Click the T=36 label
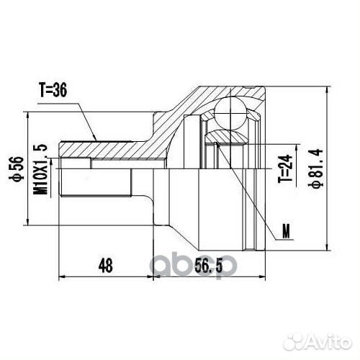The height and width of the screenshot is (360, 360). pyautogui.click(x=55, y=91)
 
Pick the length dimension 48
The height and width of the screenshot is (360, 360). pyautogui.click(x=106, y=265)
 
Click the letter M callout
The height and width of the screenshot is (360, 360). pyautogui.click(x=288, y=231)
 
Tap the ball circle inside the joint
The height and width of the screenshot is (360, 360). pyautogui.click(x=233, y=110)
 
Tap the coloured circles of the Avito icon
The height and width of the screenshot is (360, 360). pyautogui.click(x=292, y=336)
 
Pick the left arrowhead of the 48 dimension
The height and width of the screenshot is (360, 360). pyautogui.click(x=60, y=276)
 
